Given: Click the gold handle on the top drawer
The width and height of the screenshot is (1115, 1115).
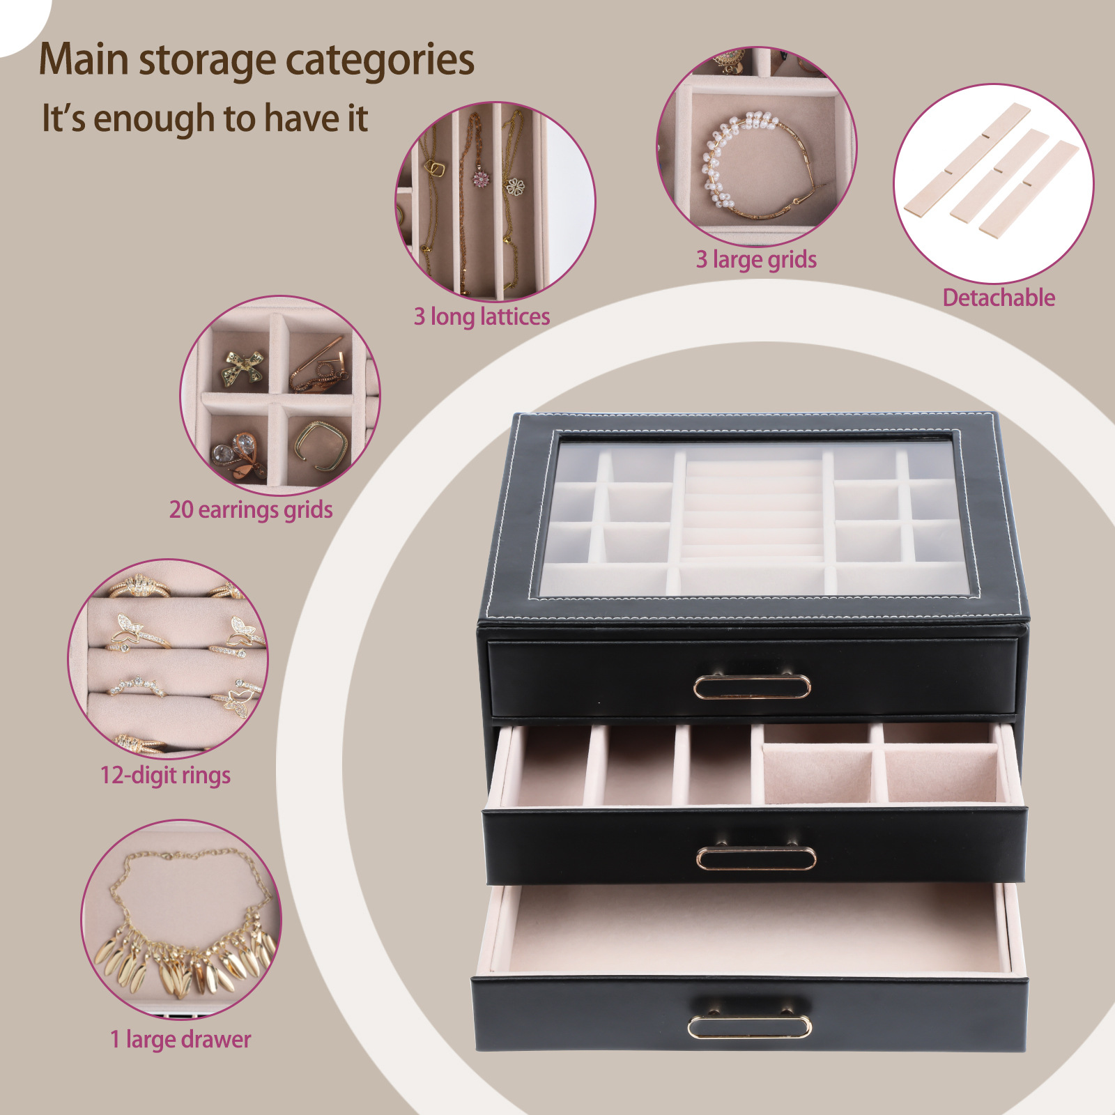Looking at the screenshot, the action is pyautogui.click(x=752, y=686).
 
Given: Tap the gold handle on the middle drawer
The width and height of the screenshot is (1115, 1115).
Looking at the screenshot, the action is pyautogui.click(x=756, y=858).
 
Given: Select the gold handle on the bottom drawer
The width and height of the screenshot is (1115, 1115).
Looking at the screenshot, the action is pyautogui.click(x=750, y=1026).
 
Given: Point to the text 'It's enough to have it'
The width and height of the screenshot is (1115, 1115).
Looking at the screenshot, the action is pyautogui.click(x=204, y=118).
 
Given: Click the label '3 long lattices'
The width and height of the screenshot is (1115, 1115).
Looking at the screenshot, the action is pyautogui.click(x=482, y=317).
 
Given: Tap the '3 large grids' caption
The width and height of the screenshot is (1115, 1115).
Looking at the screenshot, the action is pyautogui.click(x=756, y=260).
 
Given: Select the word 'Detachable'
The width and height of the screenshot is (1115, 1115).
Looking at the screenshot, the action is pyautogui.click(x=999, y=298).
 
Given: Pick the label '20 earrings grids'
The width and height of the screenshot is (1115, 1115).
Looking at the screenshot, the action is pyautogui.click(x=251, y=509).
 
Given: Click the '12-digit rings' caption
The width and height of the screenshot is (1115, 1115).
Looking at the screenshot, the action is pyautogui.click(x=165, y=775).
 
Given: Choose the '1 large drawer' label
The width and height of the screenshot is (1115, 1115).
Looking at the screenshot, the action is pyautogui.click(x=180, y=1040).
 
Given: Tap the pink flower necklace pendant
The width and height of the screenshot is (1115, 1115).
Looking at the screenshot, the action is pyautogui.click(x=481, y=177).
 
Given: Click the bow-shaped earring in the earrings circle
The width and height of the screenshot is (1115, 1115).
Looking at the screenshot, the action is pyautogui.click(x=243, y=368).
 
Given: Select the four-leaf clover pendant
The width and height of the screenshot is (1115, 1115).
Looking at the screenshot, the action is pyautogui.click(x=515, y=186).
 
